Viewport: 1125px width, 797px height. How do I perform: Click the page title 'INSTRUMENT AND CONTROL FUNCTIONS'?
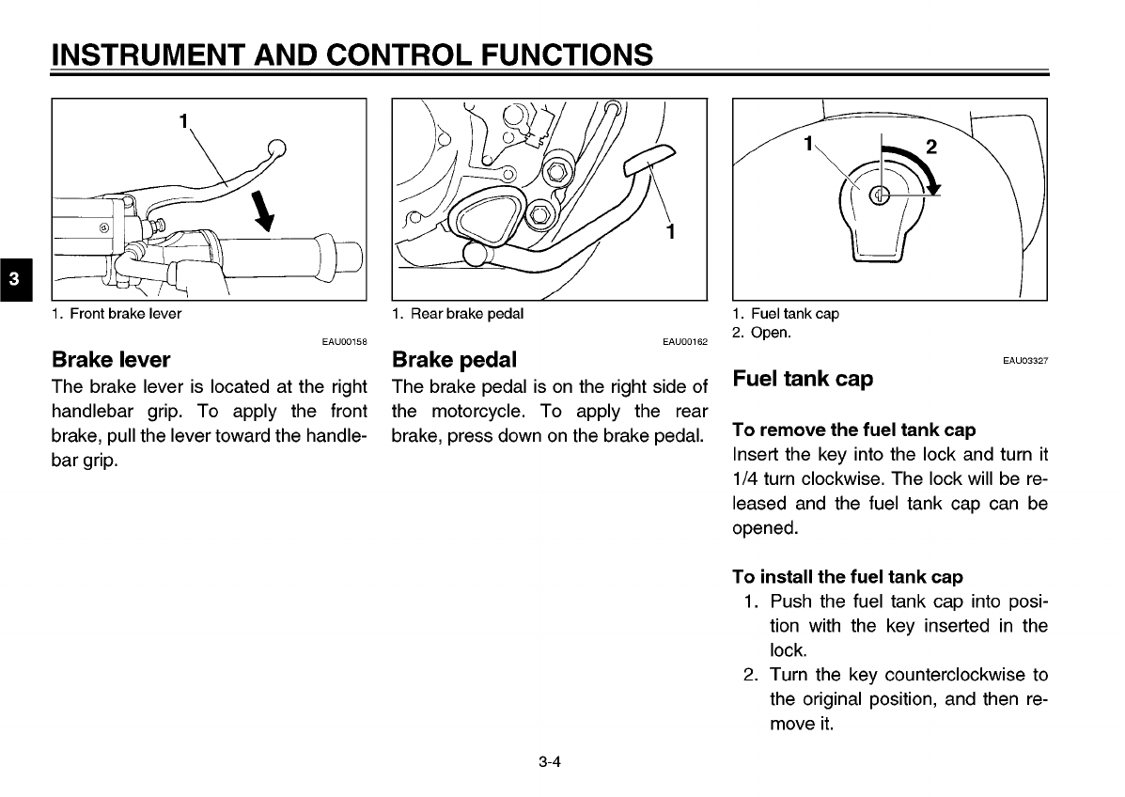pyautogui.click(x=352, y=55)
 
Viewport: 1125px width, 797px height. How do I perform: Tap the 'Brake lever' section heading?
pyautogui.click(x=111, y=359)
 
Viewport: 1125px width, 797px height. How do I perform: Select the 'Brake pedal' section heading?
pyautogui.click(x=454, y=359)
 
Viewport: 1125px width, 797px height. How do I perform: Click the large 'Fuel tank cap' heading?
pyautogui.click(x=802, y=379)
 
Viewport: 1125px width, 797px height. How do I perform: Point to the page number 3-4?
pyautogui.click(x=550, y=762)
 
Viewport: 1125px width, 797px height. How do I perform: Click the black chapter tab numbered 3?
pyautogui.click(x=14, y=279)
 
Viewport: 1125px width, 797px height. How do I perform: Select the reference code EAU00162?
pyautogui.click(x=684, y=342)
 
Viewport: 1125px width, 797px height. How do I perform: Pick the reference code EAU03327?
pyautogui.click(x=1025, y=360)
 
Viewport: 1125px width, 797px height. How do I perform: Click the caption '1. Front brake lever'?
pyautogui.click(x=117, y=314)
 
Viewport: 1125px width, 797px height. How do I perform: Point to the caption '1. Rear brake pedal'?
pyautogui.click(x=458, y=314)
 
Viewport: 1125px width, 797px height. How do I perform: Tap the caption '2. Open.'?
pyautogui.click(x=761, y=333)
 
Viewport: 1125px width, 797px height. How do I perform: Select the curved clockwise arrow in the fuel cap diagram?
pyautogui.click(x=917, y=165)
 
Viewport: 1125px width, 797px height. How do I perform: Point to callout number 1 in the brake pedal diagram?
pyautogui.click(x=669, y=231)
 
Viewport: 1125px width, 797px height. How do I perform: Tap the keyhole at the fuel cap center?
pyautogui.click(x=880, y=195)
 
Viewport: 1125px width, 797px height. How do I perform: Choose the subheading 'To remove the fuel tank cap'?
pyautogui.click(x=853, y=430)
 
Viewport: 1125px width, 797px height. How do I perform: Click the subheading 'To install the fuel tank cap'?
pyautogui.click(x=847, y=577)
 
